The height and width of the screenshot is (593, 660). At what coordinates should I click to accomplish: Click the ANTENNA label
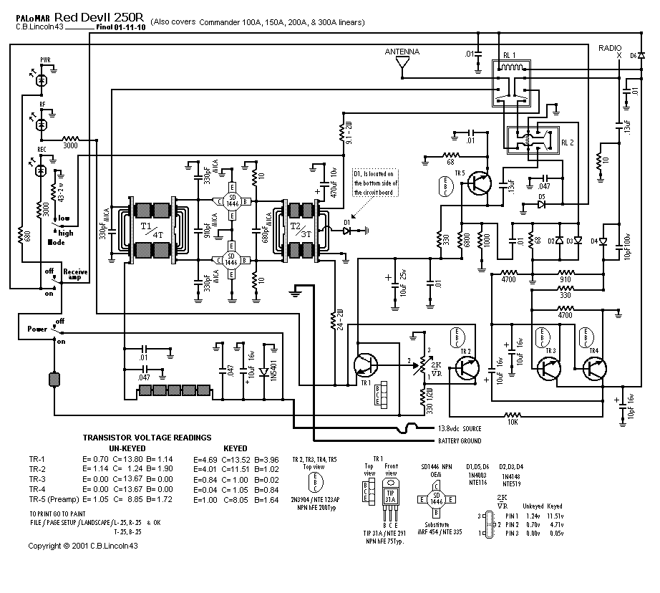[x=402, y=52]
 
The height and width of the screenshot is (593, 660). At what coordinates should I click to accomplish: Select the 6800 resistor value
[x=467, y=240]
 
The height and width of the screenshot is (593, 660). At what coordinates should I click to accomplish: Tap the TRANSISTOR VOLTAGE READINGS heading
[x=147, y=437]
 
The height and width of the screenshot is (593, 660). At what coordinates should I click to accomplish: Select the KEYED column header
[x=236, y=448]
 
